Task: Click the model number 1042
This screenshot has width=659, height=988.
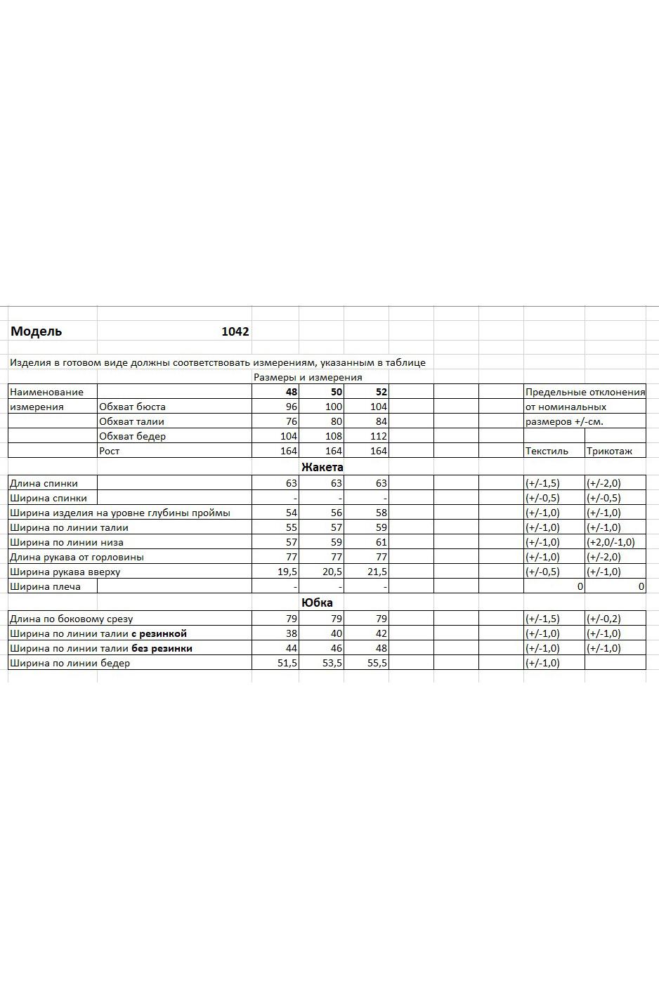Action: tap(235, 331)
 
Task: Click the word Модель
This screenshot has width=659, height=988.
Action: tap(37, 331)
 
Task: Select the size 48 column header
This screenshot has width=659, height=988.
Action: tap(292, 392)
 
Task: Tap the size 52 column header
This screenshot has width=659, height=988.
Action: tap(381, 392)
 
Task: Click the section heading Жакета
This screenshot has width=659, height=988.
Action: tap(322, 467)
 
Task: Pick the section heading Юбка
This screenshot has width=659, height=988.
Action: tap(317, 602)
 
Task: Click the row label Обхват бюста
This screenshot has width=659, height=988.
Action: tap(132, 407)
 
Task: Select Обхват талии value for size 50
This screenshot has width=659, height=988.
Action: tap(334, 421)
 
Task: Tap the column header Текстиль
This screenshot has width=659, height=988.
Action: tap(547, 451)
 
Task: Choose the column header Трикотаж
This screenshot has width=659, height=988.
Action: tap(609, 451)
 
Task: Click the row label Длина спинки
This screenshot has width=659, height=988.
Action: tap(44, 483)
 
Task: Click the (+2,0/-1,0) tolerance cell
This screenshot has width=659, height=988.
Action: tap(611, 542)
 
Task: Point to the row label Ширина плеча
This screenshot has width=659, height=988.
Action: tap(45, 586)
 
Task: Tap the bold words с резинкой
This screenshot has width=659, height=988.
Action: tap(159, 633)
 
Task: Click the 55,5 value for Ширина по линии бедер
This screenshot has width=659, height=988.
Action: tap(377, 663)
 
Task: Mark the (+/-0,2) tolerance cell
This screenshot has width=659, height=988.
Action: tap(603, 619)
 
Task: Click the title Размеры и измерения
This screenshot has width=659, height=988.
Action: tap(308, 377)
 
